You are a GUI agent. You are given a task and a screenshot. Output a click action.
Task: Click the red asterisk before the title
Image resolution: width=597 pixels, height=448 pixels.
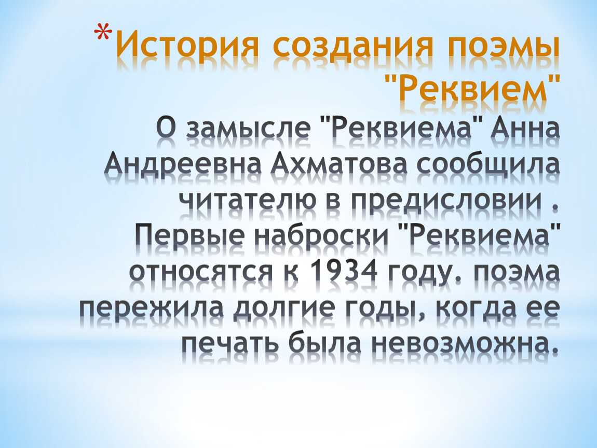point(103,32)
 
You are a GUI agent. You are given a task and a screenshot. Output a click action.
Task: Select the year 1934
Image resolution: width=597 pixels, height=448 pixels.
point(344,271)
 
